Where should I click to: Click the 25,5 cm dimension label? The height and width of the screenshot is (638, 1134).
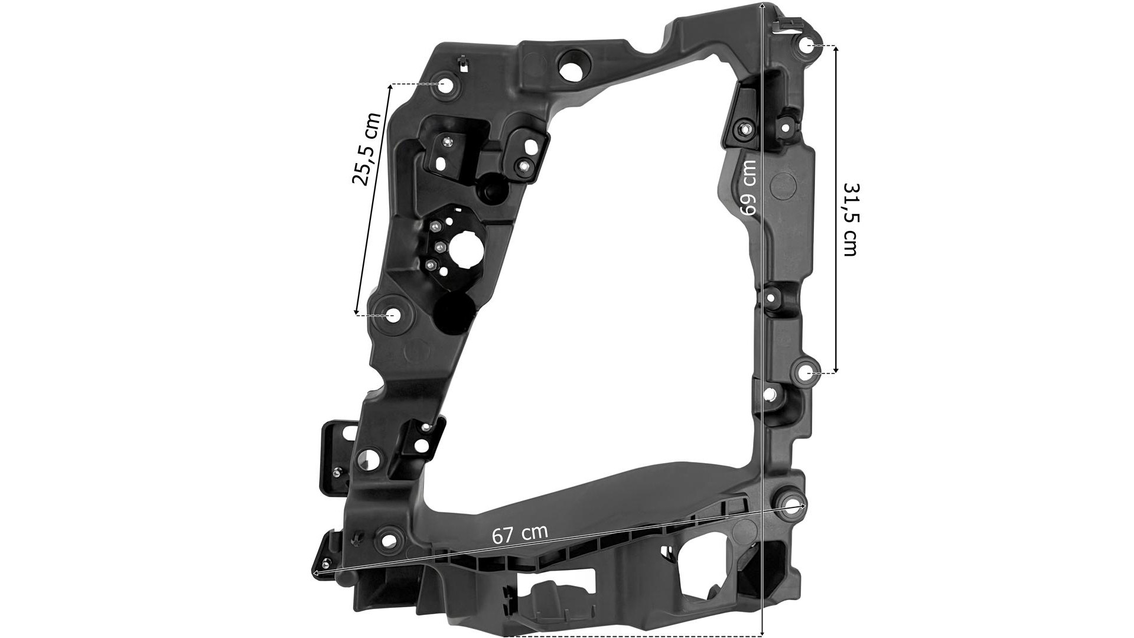click(366, 148)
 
